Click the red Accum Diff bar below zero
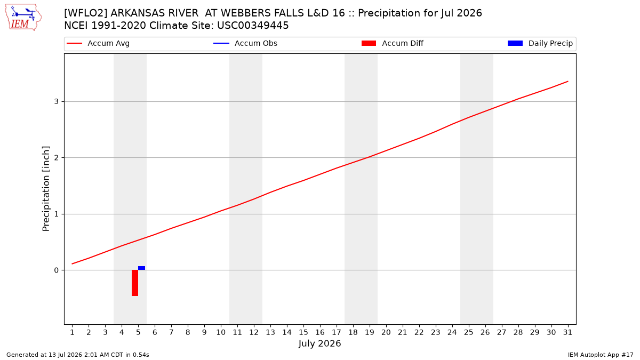(x=135, y=283)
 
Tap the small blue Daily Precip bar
(x=142, y=268)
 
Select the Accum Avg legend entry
(x=98, y=43)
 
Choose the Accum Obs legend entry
(x=245, y=43)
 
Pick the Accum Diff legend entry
(x=393, y=43)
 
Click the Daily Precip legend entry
(x=540, y=43)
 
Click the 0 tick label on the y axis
(x=57, y=270)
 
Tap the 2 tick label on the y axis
(x=57, y=158)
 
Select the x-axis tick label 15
(x=303, y=332)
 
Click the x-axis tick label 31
(x=567, y=332)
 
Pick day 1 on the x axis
(x=73, y=332)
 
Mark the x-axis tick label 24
(x=452, y=332)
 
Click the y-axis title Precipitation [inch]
(x=46, y=189)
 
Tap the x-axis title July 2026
(x=319, y=343)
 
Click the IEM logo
(x=23, y=18)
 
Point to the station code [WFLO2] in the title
(x=86, y=13)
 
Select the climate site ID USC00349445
(x=253, y=26)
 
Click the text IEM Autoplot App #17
(x=601, y=355)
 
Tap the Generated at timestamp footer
(x=78, y=355)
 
